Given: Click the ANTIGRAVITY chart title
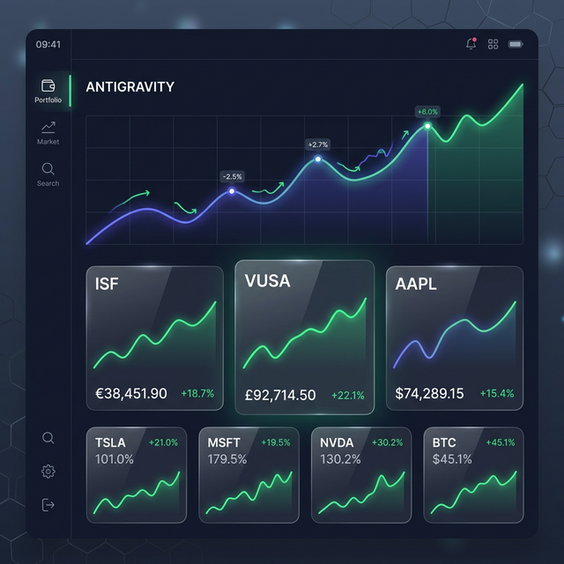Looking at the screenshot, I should pyautogui.click(x=130, y=87).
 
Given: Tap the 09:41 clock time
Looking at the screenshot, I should pyautogui.click(x=48, y=44).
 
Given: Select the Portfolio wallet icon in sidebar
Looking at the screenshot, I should pyautogui.click(x=48, y=85).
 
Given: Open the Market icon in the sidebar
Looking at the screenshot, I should pyautogui.click(x=48, y=128).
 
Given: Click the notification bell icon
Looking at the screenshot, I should pyautogui.click(x=471, y=44).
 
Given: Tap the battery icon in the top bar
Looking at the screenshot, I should pyautogui.click(x=516, y=44).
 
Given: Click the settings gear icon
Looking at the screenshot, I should pyautogui.click(x=48, y=471).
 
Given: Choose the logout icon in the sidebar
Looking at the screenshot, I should pyautogui.click(x=48, y=505).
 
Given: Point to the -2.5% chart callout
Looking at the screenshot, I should pyautogui.click(x=231, y=176).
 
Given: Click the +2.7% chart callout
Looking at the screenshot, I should pyautogui.click(x=317, y=145).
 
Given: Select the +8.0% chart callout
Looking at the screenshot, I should pyautogui.click(x=427, y=112).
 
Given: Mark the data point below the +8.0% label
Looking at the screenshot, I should pyautogui.click(x=427, y=126).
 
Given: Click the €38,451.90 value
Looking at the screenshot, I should pyautogui.click(x=130, y=393).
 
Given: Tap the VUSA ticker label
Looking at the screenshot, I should pyautogui.click(x=267, y=281).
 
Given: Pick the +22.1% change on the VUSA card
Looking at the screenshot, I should pyautogui.click(x=348, y=396).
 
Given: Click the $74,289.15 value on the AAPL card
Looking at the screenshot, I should pyautogui.click(x=429, y=393).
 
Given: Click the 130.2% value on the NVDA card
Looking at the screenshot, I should pyautogui.click(x=340, y=459).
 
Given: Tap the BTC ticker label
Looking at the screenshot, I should pyautogui.click(x=444, y=442).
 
